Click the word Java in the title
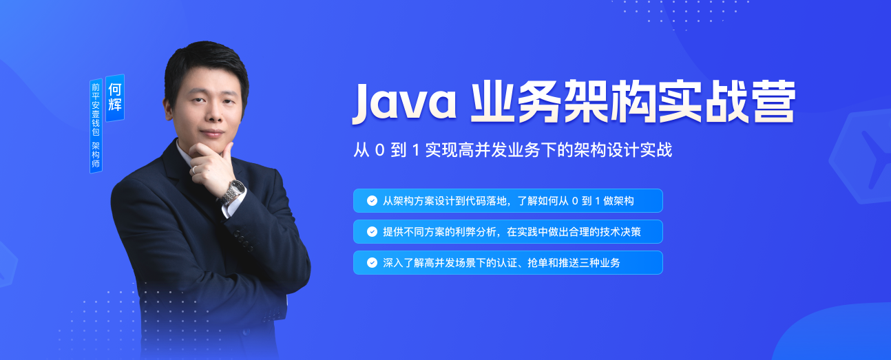(x=404, y=103)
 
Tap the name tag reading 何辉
(x=115, y=98)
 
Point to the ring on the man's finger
(x=194, y=169)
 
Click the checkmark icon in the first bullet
(x=372, y=201)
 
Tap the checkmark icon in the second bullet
(x=372, y=232)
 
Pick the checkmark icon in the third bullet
(x=372, y=263)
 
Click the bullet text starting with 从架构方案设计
(x=508, y=201)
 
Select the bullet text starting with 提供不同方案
(x=512, y=232)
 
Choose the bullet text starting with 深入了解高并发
(x=501, y=263)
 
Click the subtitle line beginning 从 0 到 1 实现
(x=512, y=150)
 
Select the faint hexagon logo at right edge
(x=861, y=158)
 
